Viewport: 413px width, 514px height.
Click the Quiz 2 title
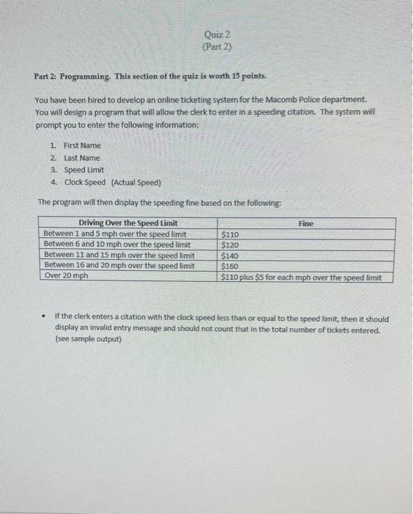click(x=218, y=35)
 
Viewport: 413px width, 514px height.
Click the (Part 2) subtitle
click(x=218, y=48)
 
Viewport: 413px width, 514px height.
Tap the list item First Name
click(x=82, y=145)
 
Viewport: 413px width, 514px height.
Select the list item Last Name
click(x=81, y=158)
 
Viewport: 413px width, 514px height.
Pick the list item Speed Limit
click(x=84, y=170)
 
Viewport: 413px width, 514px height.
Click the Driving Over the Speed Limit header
click(x=128, y=223)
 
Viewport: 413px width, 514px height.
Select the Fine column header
click(x=306, y=223)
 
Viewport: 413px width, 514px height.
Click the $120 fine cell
click(x=230, y=245)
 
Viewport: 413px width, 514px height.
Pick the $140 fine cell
click(x=230, y=256)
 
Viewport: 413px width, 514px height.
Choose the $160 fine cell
click(x=230, y=266)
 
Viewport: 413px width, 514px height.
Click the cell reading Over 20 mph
click(x=66, y=276)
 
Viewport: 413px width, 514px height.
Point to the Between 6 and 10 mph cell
click(x=117, y=245)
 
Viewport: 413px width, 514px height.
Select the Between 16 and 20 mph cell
click(x=120, y=265)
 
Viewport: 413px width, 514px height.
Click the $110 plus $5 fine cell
click(x=301, y=277)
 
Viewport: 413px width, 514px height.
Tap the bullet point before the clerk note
click(x=43, y=319)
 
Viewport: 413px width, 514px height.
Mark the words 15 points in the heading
click(x=247, y=76)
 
